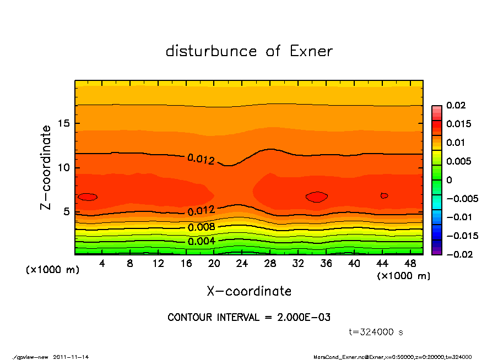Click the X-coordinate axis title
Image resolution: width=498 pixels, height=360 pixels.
(249, 291)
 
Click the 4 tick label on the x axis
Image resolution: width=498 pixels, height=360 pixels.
(102, 264)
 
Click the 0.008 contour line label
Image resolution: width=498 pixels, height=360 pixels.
(201, 227)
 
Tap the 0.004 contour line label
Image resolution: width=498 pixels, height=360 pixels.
(201, 241)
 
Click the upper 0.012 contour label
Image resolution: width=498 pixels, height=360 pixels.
(201, 159)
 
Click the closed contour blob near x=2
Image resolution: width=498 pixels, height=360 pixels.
(88, 197)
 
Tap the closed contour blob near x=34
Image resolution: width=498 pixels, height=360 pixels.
(317, 197)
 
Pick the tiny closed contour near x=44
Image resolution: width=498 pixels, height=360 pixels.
(384, 195)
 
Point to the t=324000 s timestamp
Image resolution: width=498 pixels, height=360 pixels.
(376, 332)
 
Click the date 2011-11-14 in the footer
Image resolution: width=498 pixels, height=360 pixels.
(71, 357)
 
